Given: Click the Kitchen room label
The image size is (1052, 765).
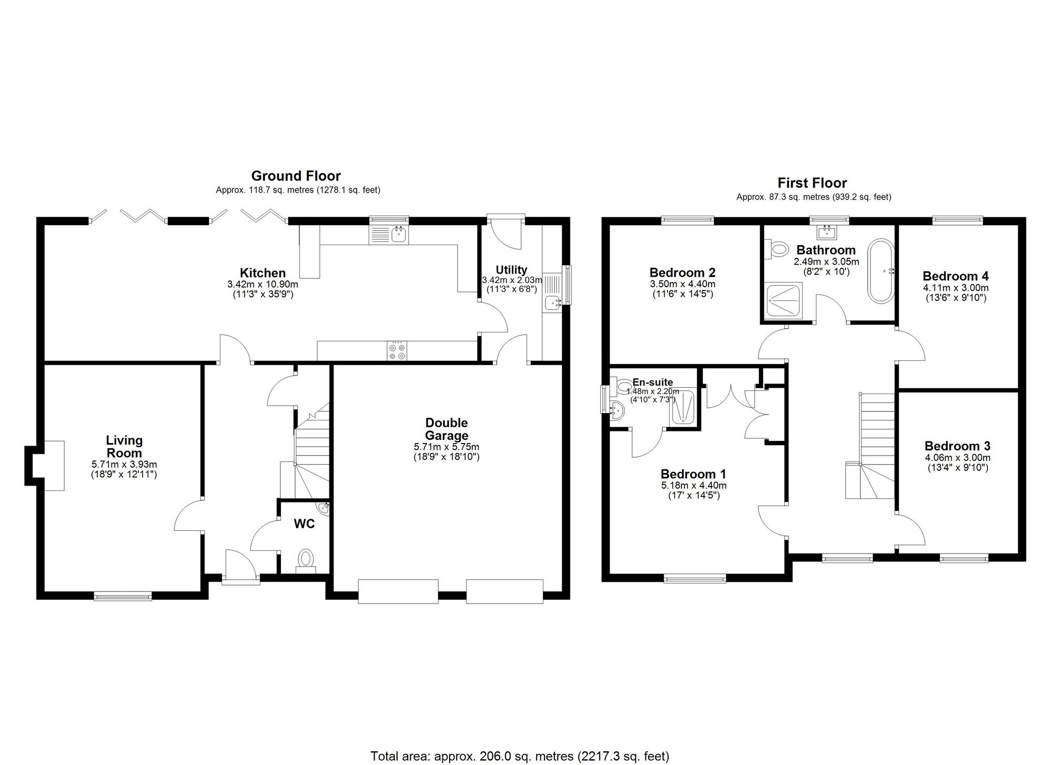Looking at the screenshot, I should pos(262,273).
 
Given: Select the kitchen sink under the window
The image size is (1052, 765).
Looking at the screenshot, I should pos(399,235).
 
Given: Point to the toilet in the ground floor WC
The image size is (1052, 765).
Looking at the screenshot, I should pos(306,559).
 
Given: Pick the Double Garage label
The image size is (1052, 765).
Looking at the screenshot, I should pos(447,429).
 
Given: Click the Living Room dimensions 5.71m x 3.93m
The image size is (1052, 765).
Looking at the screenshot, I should pos(124,465).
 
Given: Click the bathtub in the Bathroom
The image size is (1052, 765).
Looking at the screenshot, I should pos(881,271).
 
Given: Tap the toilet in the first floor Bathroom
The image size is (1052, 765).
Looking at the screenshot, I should pos(777,248).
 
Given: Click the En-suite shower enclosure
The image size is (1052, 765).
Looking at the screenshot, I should pos(683,408).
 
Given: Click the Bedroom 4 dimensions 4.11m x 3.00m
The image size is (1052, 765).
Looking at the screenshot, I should pos(955,288).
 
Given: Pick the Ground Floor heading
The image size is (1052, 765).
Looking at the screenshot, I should pos(296,176).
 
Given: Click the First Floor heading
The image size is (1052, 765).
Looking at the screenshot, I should pos(812,183).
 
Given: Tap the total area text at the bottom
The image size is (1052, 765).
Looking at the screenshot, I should pos(520,756).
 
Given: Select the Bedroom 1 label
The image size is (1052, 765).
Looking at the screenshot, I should pos(693,474).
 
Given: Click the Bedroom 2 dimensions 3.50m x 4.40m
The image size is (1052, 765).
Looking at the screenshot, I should pos(682,284).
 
